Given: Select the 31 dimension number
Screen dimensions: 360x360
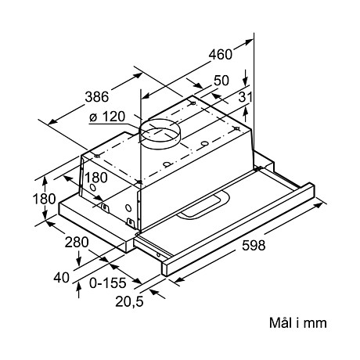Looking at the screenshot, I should pyautogui.click(x=247, y=96).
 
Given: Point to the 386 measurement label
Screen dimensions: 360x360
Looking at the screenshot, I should pyautogui.click(x=96, y=98).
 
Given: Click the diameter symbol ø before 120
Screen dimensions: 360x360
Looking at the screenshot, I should pyautogui.click(x=93, y=117).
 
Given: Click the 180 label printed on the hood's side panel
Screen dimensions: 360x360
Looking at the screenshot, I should pyautogui.click(x=95, y=177).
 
